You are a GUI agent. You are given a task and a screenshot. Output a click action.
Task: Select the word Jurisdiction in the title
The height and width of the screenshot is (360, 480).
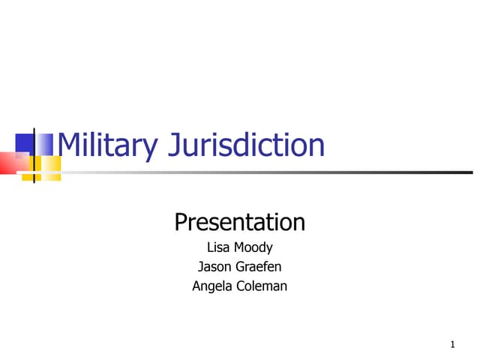pyautogui.click(x=247, y=145)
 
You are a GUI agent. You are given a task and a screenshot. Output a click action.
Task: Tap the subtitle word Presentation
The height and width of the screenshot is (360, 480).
pyautogui.click(x=239, y=222)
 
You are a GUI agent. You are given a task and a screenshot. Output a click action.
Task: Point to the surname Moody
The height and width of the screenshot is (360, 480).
pyautogui.click(x=253, y=248)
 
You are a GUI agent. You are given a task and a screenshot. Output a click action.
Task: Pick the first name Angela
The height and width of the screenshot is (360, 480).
pyautogui.click(x=212, y=286)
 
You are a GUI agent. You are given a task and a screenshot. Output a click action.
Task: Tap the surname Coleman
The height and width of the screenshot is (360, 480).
pyautogui.click(x=261, y=286)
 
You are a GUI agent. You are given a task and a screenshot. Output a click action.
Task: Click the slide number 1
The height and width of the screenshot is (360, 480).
pyautogui.click(x=453, y=345)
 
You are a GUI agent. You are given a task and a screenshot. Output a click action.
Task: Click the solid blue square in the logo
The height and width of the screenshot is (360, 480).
pyautogui.click(x=25, y=143)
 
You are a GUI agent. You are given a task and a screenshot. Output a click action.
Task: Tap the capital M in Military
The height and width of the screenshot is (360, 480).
pyautogui.click(x=69, y=145)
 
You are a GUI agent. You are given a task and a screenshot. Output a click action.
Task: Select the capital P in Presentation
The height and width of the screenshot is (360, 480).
pyautogui.click(x=181, y=222)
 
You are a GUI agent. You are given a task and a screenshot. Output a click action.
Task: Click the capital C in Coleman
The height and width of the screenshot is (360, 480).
pyautogui.click(x=240, y=286)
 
